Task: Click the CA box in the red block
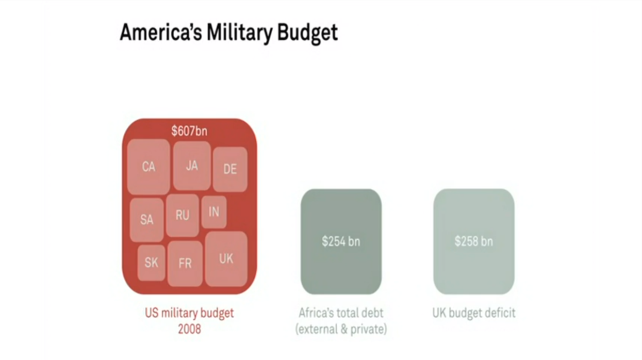(x=149, y=167)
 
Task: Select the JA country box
(x=191, y=166)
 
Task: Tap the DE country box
(x=230, y=169)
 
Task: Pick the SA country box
(x=146, y=220)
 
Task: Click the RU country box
(x=182, y=215)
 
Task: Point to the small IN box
(x=214, y=211)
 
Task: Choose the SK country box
(x=151, y=263)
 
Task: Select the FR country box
(x=185, y=264)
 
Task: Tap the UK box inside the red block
(x=226, y=258)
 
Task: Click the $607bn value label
(x=189, y=131)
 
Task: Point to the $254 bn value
(x=341, y=241)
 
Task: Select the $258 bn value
(x=473, y=241)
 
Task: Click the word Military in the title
(x=239, y=32)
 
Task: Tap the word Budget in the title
(x=307, y=32)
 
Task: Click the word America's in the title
(x=161, y=32)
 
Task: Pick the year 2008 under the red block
(x=189, y=329)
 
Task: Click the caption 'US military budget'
(x=189, y=313)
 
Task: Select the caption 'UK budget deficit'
(x=473, y=313)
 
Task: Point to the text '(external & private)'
(x=341, y=329)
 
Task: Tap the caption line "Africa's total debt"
(x=341, y=313)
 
